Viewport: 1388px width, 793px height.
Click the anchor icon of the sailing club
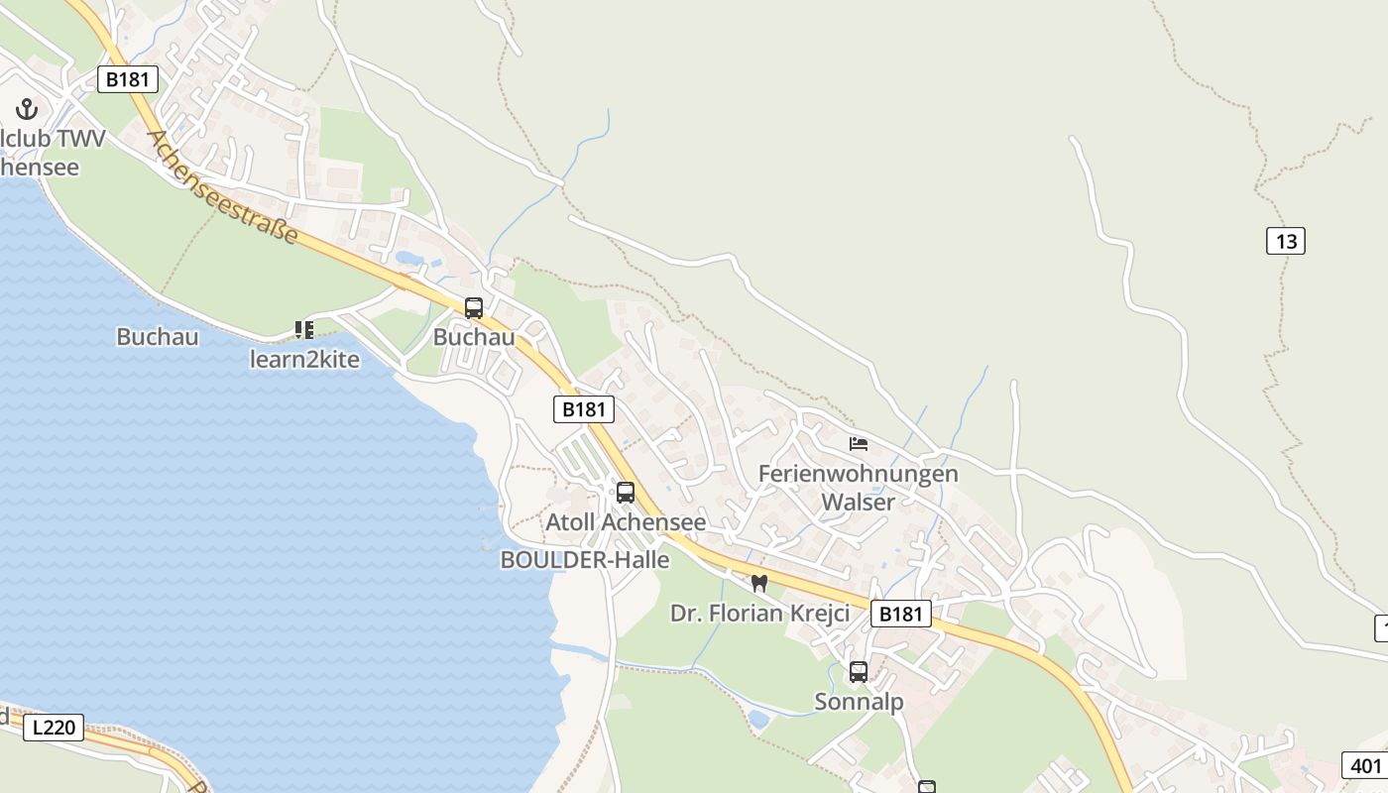pyautogui.click(x=26, y=109)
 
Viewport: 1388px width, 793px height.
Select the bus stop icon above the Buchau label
pyautogui.click(x=474, y=308)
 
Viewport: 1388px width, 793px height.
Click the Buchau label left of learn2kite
pyautogui.click(x=158, y=337)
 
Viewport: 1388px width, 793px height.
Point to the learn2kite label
pyautogui.click(x=304, y=359)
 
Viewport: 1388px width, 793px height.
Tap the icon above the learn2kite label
pyautogui.click(x=304, y=329)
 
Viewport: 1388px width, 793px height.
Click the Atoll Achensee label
pyautogui.click(x=626, y=522)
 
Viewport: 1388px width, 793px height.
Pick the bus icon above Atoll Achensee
pyautogui.click(x=626, y=493)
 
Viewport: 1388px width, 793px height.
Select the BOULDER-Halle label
pyautogui.click(x=585, y=560)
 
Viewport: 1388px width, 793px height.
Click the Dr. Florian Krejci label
pyautogui.click(x=759, y=614)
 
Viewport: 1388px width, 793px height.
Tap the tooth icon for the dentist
pyautogui.click(x=759, y=583)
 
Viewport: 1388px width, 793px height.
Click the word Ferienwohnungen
pyautogui.click(x=858, y=474)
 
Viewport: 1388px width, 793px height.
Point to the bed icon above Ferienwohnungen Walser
pyautogui.click(x=859, y=443)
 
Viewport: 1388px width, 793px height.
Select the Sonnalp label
pyautogui.click(x=859, y=702)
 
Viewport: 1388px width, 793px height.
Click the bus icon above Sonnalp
pyautogui.click(x=859, y=672)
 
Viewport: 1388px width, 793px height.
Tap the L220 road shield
pyautogui.click(x=54, y=728)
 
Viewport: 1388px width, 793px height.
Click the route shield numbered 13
pyautogui.click(x=1285, y=241)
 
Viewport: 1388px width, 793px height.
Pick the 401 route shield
pyautogui.click(x=1366, y=765)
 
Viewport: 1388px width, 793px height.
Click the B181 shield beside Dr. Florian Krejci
pyautogui.click(x=901, y=615)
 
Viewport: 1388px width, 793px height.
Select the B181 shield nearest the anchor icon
pyautogui.click(x=128, y=79)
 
